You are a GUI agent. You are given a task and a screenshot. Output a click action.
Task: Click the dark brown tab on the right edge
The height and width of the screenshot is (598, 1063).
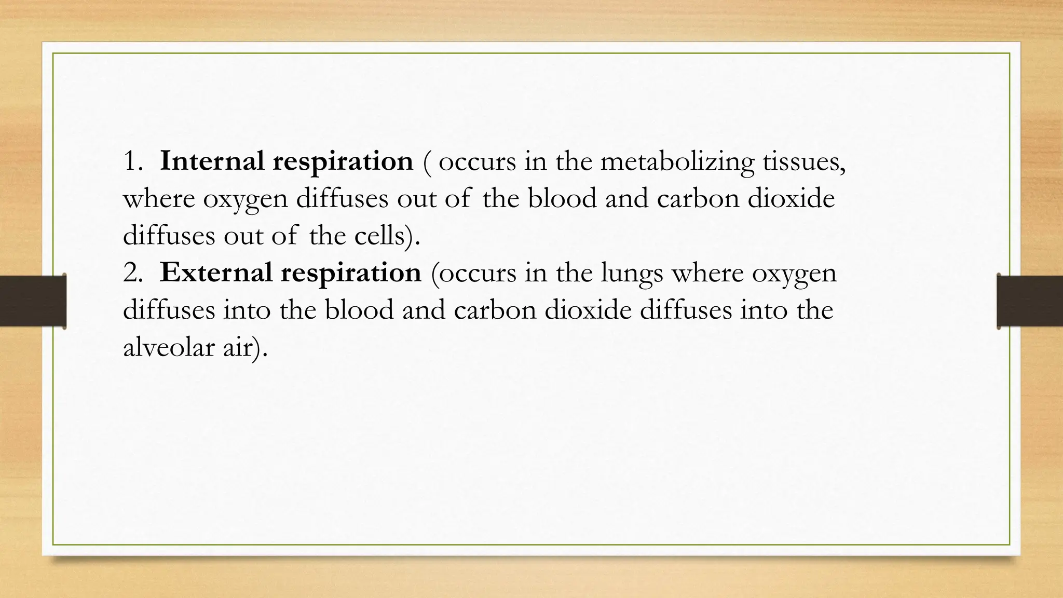(1030, 301)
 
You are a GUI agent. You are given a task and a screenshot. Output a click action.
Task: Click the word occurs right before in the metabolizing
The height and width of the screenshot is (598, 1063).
(477, 162)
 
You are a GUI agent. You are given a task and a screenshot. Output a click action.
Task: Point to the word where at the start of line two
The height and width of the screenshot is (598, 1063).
(159, 199)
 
